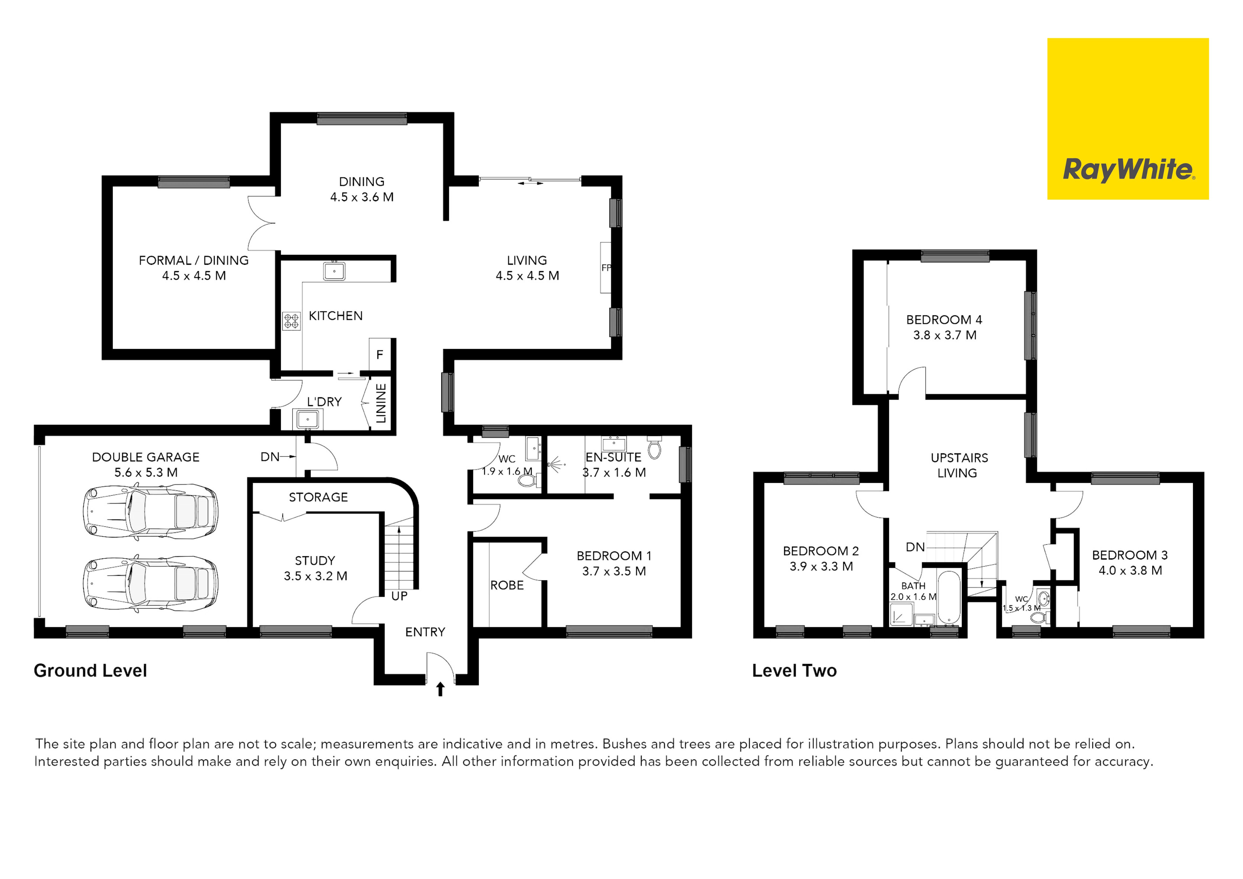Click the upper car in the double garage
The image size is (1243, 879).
coord(151,512)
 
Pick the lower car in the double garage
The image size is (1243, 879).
coord(151,584)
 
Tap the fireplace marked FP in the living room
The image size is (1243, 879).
coord(606,268)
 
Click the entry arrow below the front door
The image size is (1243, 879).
coord(440,689)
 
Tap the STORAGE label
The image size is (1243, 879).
coord(318,497)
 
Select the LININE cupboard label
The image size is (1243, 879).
coord(381,404)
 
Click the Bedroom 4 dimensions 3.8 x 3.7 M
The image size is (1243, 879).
coord(945,335)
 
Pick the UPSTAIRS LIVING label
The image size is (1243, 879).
coord(959,465)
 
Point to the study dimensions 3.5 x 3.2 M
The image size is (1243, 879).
coord(316,576)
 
